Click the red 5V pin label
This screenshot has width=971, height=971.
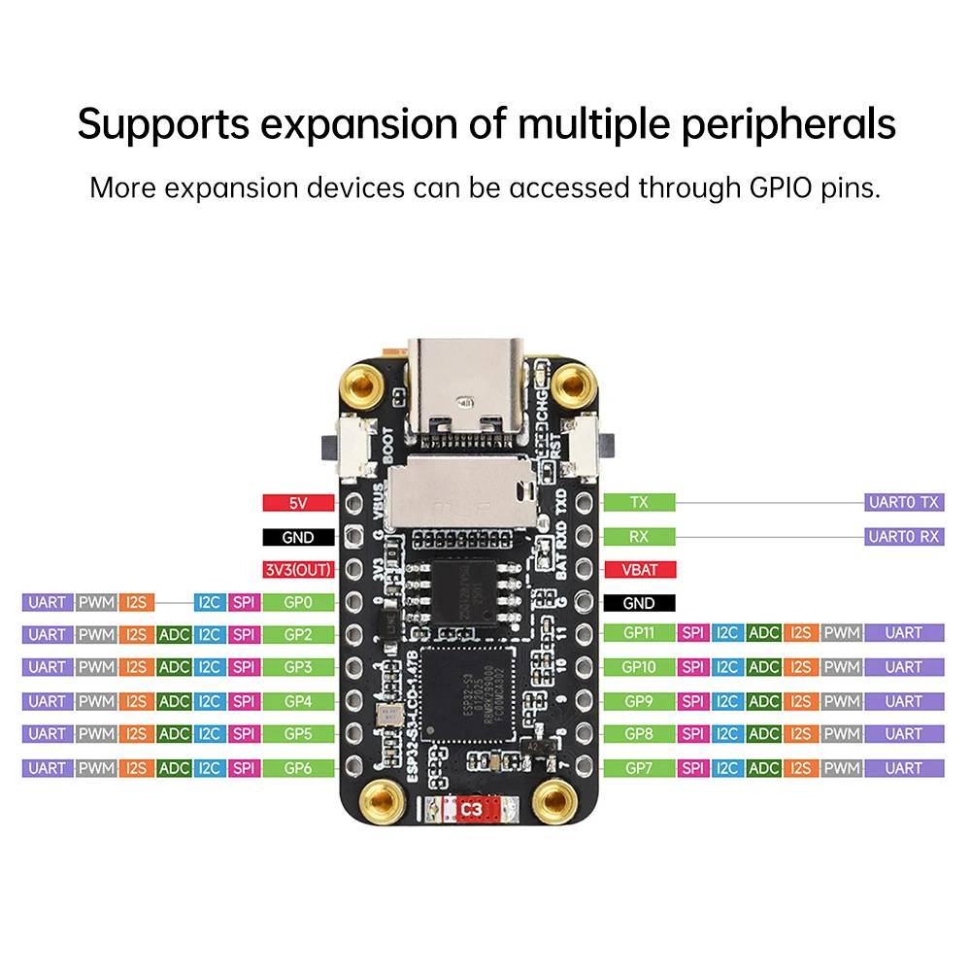point(298,503)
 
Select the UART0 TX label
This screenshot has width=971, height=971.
point(903,502)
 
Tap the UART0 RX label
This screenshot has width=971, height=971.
point(903,536)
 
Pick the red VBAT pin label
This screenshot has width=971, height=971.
point(639,570)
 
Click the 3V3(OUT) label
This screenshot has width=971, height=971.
point(298,570)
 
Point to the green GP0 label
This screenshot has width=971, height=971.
point(298,603)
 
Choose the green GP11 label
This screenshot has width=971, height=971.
point(639,633)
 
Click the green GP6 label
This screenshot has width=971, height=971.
point(298,768)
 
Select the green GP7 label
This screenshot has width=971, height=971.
point(639,768)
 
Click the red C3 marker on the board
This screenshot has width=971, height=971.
point(471,807)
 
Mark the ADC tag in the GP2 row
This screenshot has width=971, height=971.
point(174,635)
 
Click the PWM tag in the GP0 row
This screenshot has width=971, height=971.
point(97,603)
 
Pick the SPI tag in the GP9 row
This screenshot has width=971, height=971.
point(693,701)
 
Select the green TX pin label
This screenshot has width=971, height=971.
point(639,502)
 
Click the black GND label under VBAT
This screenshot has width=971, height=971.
point(639,603)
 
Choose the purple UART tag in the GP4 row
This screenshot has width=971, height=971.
point(48,701)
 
